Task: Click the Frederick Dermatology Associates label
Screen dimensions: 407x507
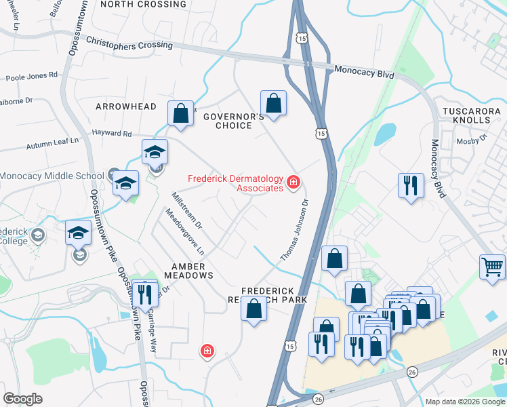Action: coord(235,182)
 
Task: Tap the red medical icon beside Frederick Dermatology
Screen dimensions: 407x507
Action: coord(293,181)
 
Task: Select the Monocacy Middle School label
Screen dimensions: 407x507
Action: coord(52,176)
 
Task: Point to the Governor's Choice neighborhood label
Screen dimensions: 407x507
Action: coord(234,121)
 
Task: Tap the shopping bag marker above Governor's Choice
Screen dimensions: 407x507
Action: coord(273,104)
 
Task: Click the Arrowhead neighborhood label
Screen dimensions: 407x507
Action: coord(126,106)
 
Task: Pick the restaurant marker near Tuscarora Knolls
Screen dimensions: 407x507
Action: coord(411,185)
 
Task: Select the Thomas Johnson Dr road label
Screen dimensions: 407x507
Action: coord(295,229)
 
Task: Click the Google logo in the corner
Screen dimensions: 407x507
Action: coord(23,399)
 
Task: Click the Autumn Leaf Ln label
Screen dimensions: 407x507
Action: coord(49,145)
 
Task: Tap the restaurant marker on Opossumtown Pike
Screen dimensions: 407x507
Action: coord(144,292)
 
